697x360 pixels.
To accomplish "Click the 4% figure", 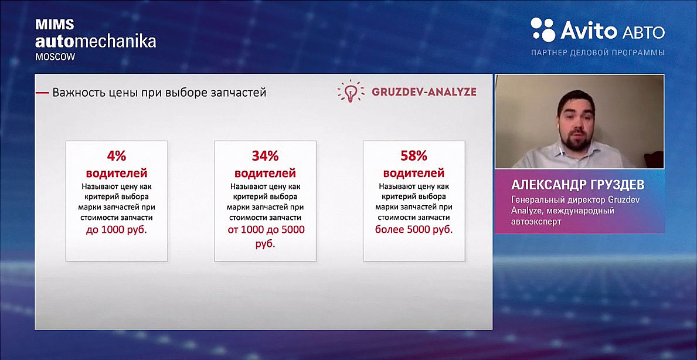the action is click(117, 156).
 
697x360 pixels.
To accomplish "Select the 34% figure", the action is click(266, 156).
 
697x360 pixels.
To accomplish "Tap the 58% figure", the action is click(414, 156).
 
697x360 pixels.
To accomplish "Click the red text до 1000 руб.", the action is click(117, 230).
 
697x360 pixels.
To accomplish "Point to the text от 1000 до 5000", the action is click(266, 230).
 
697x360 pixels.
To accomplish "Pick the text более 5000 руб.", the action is click(414, 230).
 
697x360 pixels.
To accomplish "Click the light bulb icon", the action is click(351, 91).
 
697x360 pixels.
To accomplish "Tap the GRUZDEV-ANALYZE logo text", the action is click(424, 92).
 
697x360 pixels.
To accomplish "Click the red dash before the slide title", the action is click(42, 93).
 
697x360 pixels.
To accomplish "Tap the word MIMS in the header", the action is click(49, 25).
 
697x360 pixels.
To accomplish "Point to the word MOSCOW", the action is click(55, 57).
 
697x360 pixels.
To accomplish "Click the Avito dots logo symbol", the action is click(543, 30).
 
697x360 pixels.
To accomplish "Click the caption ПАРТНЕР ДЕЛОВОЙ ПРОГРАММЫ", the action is click(598, 53).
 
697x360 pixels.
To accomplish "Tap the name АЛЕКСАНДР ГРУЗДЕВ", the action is click(577, 185).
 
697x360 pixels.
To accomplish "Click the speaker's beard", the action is click(577, 141).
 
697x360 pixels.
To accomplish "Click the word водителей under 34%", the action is click(266, 173).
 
